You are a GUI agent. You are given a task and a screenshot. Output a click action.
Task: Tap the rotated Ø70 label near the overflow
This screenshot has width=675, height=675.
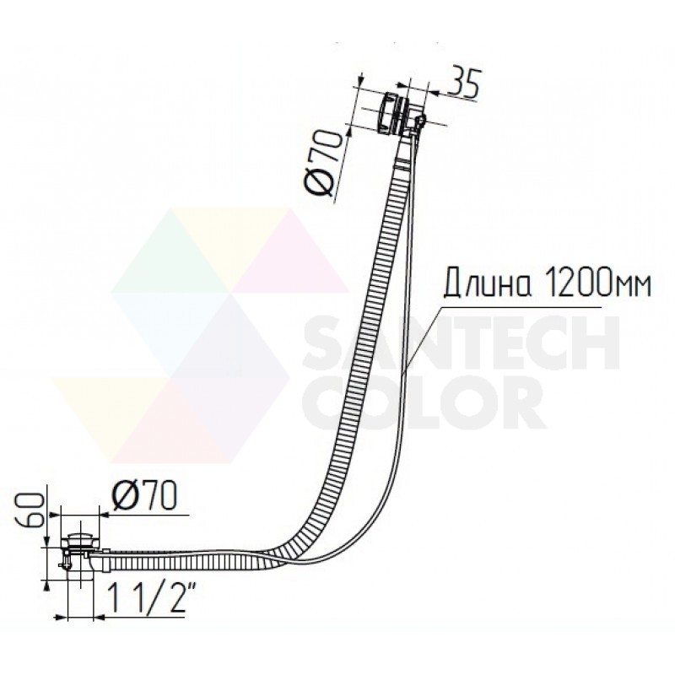tap(326, 163)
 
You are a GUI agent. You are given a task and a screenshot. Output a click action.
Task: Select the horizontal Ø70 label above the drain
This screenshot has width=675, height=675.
tap(144, 496)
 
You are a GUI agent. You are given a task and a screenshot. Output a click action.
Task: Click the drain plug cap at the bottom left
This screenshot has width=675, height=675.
tap(79, 538)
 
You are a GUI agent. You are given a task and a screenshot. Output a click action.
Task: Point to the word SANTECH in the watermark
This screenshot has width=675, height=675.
tap(462, 343)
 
